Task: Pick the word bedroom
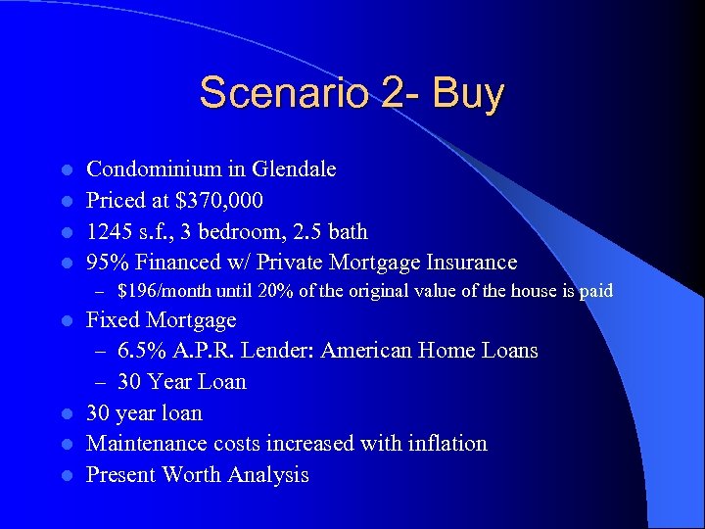(258, 232)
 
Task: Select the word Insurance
(467, 263)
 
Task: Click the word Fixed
(116, 320)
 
